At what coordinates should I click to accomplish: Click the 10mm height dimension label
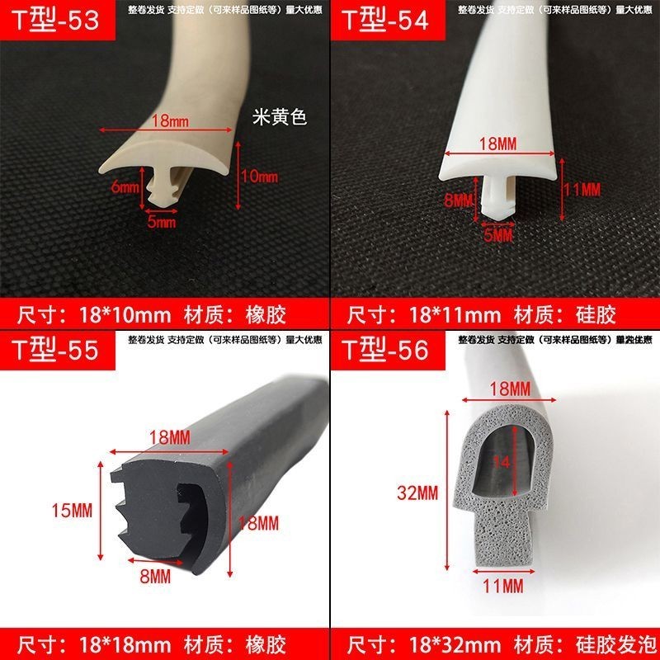point(259,177)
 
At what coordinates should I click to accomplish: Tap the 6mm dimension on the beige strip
point(125,187)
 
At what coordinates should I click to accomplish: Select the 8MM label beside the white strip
point(458,200)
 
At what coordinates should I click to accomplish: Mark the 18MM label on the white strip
point(501,143)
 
